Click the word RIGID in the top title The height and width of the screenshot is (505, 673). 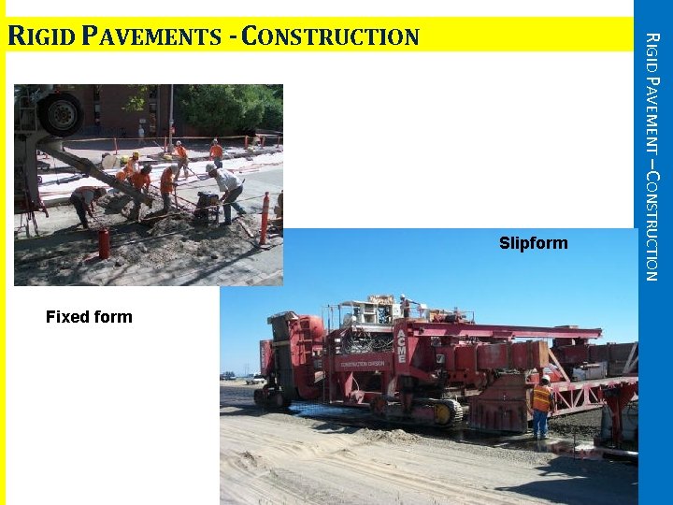39,37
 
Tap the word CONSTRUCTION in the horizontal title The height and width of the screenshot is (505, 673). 336,37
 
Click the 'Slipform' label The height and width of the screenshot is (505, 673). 533,244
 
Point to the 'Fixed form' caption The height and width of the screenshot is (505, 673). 89,317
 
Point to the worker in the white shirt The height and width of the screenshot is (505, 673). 227,192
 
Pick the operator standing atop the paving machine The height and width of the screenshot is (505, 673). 405,306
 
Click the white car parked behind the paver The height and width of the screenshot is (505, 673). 255,379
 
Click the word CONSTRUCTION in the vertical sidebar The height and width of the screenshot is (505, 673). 653,225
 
